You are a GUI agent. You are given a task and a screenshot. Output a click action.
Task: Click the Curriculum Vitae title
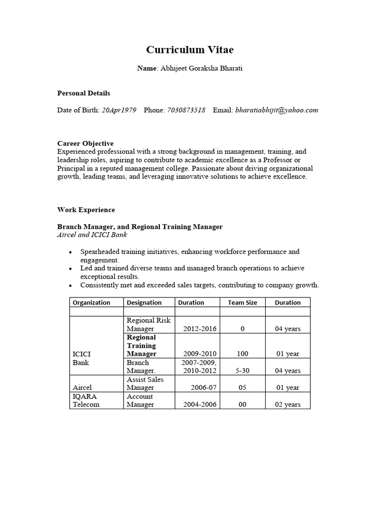190,50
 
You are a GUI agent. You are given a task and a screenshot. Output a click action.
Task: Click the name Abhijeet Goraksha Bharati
200,68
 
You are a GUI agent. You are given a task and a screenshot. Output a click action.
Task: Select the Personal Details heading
84,93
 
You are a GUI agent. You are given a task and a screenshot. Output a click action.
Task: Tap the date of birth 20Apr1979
119,110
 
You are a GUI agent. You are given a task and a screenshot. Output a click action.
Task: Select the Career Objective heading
85,143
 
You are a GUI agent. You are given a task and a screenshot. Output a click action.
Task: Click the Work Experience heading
86,210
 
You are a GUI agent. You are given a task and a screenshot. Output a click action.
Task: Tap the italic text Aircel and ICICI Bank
92,235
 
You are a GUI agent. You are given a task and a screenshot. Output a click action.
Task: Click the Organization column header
92,302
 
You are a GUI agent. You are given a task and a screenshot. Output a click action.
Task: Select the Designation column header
144,302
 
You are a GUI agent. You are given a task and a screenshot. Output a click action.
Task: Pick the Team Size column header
242,302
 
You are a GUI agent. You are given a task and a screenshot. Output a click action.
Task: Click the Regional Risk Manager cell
148,324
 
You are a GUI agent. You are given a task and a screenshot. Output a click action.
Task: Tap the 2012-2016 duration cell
200,329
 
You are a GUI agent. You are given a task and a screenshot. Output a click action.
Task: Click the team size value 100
242,354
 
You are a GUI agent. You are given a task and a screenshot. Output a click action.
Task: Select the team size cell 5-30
242,371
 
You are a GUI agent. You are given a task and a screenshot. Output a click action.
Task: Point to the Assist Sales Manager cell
145,383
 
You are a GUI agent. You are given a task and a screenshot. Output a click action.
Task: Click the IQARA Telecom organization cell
86,400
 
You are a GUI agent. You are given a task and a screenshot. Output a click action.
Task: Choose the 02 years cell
287,404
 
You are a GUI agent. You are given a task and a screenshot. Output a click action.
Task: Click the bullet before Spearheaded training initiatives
72,253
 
